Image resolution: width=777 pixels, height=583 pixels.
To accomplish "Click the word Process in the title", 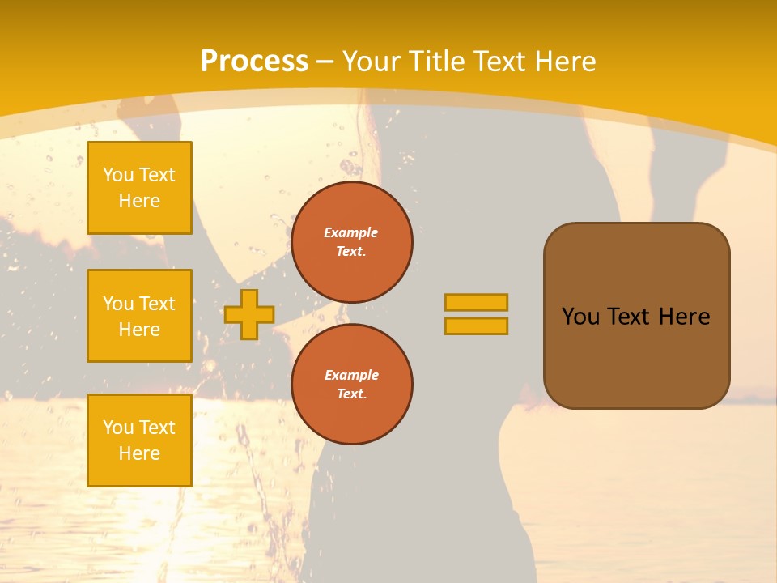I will pyautogui.click(x=254, y=61).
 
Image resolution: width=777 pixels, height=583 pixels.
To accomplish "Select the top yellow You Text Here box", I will pyautogui.click(x=139, y=188).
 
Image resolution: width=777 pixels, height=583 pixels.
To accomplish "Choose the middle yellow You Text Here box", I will pyautogui.click(x=139, y=316).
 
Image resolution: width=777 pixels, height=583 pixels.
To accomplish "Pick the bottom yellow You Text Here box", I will pyautogui.click(x=139, y=440).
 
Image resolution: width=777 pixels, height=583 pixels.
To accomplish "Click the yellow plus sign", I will pyautogui.click(x=248, y=314).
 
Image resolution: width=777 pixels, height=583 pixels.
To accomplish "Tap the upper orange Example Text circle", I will pyautogui.click(x=352, y=242).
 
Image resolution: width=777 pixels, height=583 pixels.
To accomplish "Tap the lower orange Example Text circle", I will pyautogui.click(x=352, y=384).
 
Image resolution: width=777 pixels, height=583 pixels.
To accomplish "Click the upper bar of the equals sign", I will pyautogui.click(x=476, y=302).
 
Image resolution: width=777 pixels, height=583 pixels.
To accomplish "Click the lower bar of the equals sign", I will pyautogui.click(x=476, y=326).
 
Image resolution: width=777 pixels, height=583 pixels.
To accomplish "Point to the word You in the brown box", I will pyautogui.click(x=580, y=317).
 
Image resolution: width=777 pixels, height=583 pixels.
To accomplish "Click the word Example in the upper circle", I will pyautogui.click(x=351, y=232).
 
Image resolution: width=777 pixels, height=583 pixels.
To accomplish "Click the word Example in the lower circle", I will pyautogui.click(x=351, y=375).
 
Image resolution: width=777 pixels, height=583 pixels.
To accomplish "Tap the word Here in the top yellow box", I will pyautogui.click(x=139, y=201).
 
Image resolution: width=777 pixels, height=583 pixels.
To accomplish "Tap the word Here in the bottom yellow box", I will pyautogui.click(x=139, y=453).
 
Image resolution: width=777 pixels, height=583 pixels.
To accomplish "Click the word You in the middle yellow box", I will pyautogui.click(x=119, y=304).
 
